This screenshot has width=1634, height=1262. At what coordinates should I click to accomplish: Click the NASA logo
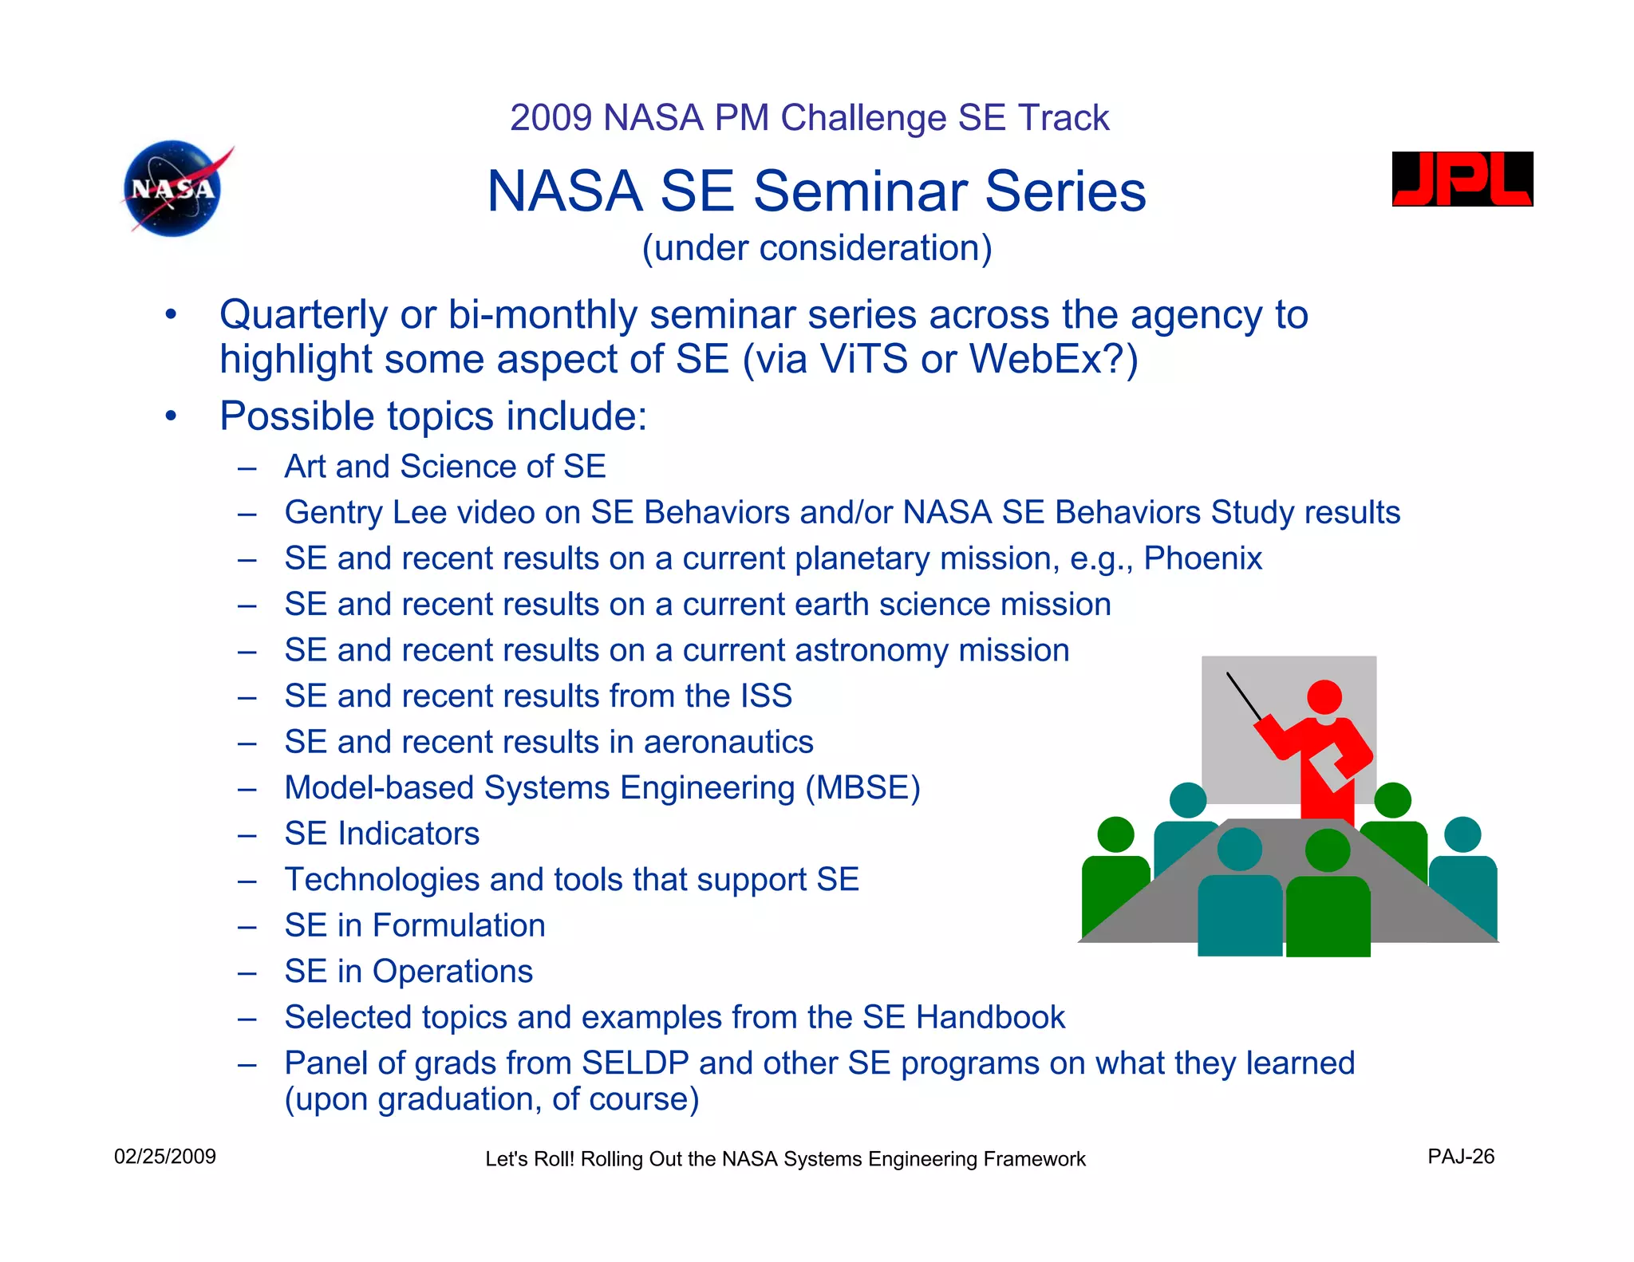(x=174, y=189)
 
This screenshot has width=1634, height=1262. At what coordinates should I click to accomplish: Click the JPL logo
(x=1462, y=179)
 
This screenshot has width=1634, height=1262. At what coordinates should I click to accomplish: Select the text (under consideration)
(x=817, y=248)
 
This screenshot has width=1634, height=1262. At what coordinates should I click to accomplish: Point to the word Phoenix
(x=1202, y=558)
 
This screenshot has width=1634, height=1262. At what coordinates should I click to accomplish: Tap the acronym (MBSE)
(x=862, y=788)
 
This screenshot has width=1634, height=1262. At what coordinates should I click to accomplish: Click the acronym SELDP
(x=635, y=1063)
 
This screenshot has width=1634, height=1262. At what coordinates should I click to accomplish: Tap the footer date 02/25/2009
(x=165, y=1157)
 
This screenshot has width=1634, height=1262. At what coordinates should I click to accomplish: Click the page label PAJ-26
(x=1461, y=1157)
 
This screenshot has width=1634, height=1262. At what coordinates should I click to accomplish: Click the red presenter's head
(x=1324, y=697)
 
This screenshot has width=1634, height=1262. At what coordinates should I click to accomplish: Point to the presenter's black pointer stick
(x=1244, y=696)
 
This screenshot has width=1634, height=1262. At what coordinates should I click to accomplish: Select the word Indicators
(x=408, y=834)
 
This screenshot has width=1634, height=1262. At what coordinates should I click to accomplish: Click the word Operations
(x=452, y=972)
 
